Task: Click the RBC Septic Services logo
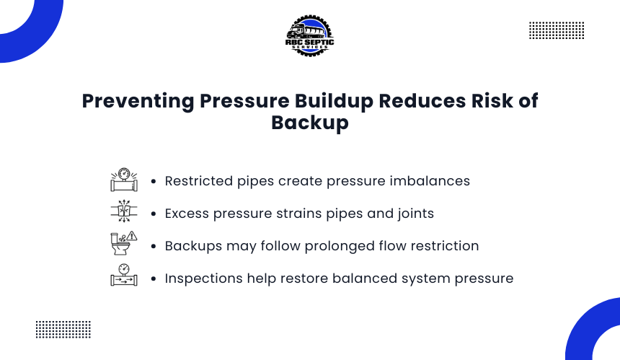(309, 36)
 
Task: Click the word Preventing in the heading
(138, 101)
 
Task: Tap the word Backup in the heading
(310, 123)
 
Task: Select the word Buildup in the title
(334, 101)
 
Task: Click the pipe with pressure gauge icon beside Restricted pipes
(124, 180)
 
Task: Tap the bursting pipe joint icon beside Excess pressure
(124, 211)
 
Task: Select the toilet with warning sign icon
(124, 243)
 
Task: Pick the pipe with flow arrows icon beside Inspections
(124, 275)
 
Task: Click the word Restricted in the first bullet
(199, 181)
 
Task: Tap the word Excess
(187, 214)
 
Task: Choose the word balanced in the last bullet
(365, 278)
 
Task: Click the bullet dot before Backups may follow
(154, 246)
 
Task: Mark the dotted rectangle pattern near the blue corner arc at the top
(557, 30)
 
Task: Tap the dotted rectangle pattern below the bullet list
(63, 330)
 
